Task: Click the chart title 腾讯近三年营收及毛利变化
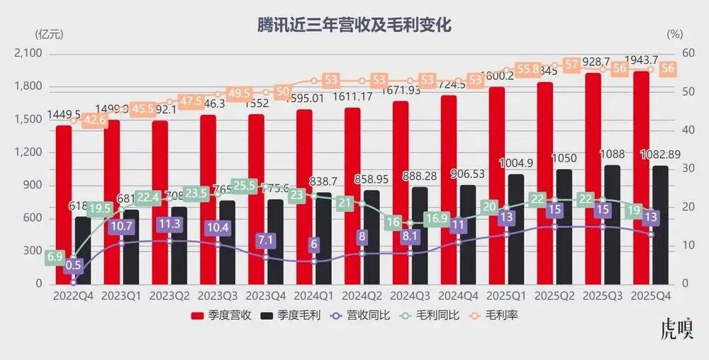pyautogui.click(x=354, y=25)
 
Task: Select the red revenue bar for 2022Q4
pyautogui.click(x=65, y=206)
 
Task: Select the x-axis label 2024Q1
pyautogui.click(x=311, y=294)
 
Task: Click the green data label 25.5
pyautogui.click(x=244, y=186)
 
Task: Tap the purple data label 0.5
pyautogui.click(x=73, y=266)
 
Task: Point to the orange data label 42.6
pyautogui.click(x=94, y=120)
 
